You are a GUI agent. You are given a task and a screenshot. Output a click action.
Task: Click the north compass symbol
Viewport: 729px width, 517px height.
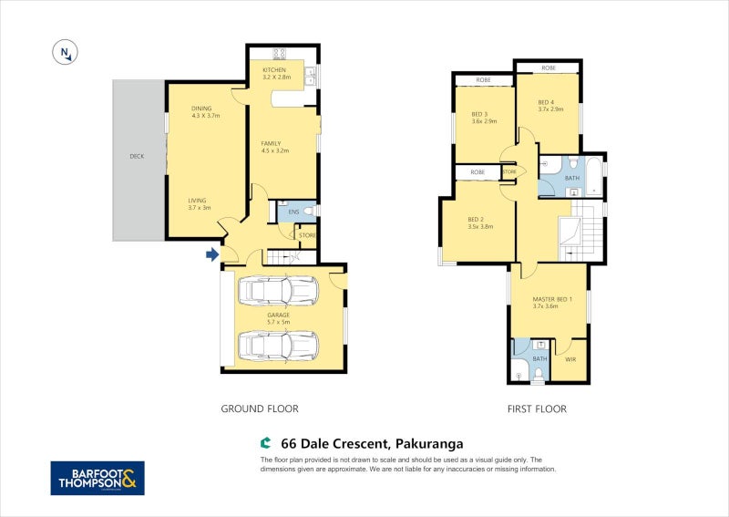pyautogui.click(x=65, y=53)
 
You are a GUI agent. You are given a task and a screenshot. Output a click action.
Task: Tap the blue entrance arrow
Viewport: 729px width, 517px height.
pyautogui.click(x=212, y=254)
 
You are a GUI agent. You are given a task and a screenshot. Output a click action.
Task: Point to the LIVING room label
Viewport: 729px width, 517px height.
pyautogui.click(x=197, y=204)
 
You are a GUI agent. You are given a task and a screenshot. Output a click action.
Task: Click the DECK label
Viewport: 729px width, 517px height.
pyautogui.click(x=137, y=156)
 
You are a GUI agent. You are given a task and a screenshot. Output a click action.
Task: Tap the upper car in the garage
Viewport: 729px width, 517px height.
pyautogui.click(x=277, y=291)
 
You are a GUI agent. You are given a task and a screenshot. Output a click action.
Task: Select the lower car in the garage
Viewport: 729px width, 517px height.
pyautogui.click(x=277, y=346)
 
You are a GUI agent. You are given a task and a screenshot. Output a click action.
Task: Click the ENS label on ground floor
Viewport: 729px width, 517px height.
pyautogui.click(x=293, y=212)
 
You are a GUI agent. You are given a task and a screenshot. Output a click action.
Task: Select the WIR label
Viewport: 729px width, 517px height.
pyautogui.click(x=570, y=359)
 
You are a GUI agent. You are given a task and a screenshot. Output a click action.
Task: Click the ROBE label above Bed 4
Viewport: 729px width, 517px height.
pyautogui.click(x=549, y=68)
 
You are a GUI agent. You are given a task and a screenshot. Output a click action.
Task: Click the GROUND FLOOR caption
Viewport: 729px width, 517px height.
pyautogui.click(x=260, y=409)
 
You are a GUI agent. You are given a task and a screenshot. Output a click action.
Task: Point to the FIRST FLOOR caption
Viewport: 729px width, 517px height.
pyautogui.click(x=537, y=409)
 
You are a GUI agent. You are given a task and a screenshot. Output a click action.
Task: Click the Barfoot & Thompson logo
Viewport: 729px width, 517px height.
pyautogui.click(x=97, y=478)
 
